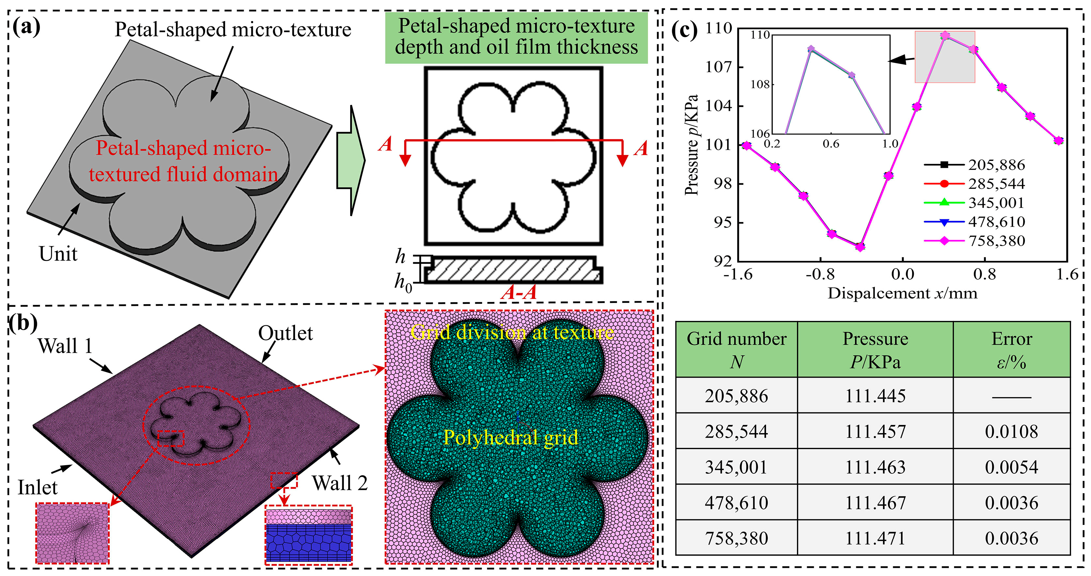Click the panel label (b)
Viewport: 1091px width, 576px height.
[x=24, y=323]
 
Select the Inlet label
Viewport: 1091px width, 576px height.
[x=37, y=487]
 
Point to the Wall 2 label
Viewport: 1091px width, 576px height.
[x=340, y=483]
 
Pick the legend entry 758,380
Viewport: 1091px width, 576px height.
[x=996, y=241]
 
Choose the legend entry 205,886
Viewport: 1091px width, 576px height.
[x=996, y=165]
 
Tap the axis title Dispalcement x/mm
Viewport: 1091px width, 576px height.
[x=902, y=293]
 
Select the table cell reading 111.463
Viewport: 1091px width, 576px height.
[x=875, y=467]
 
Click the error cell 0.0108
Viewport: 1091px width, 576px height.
[x=1011, y=431]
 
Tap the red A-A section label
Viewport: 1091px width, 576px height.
[x=518, y=292]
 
